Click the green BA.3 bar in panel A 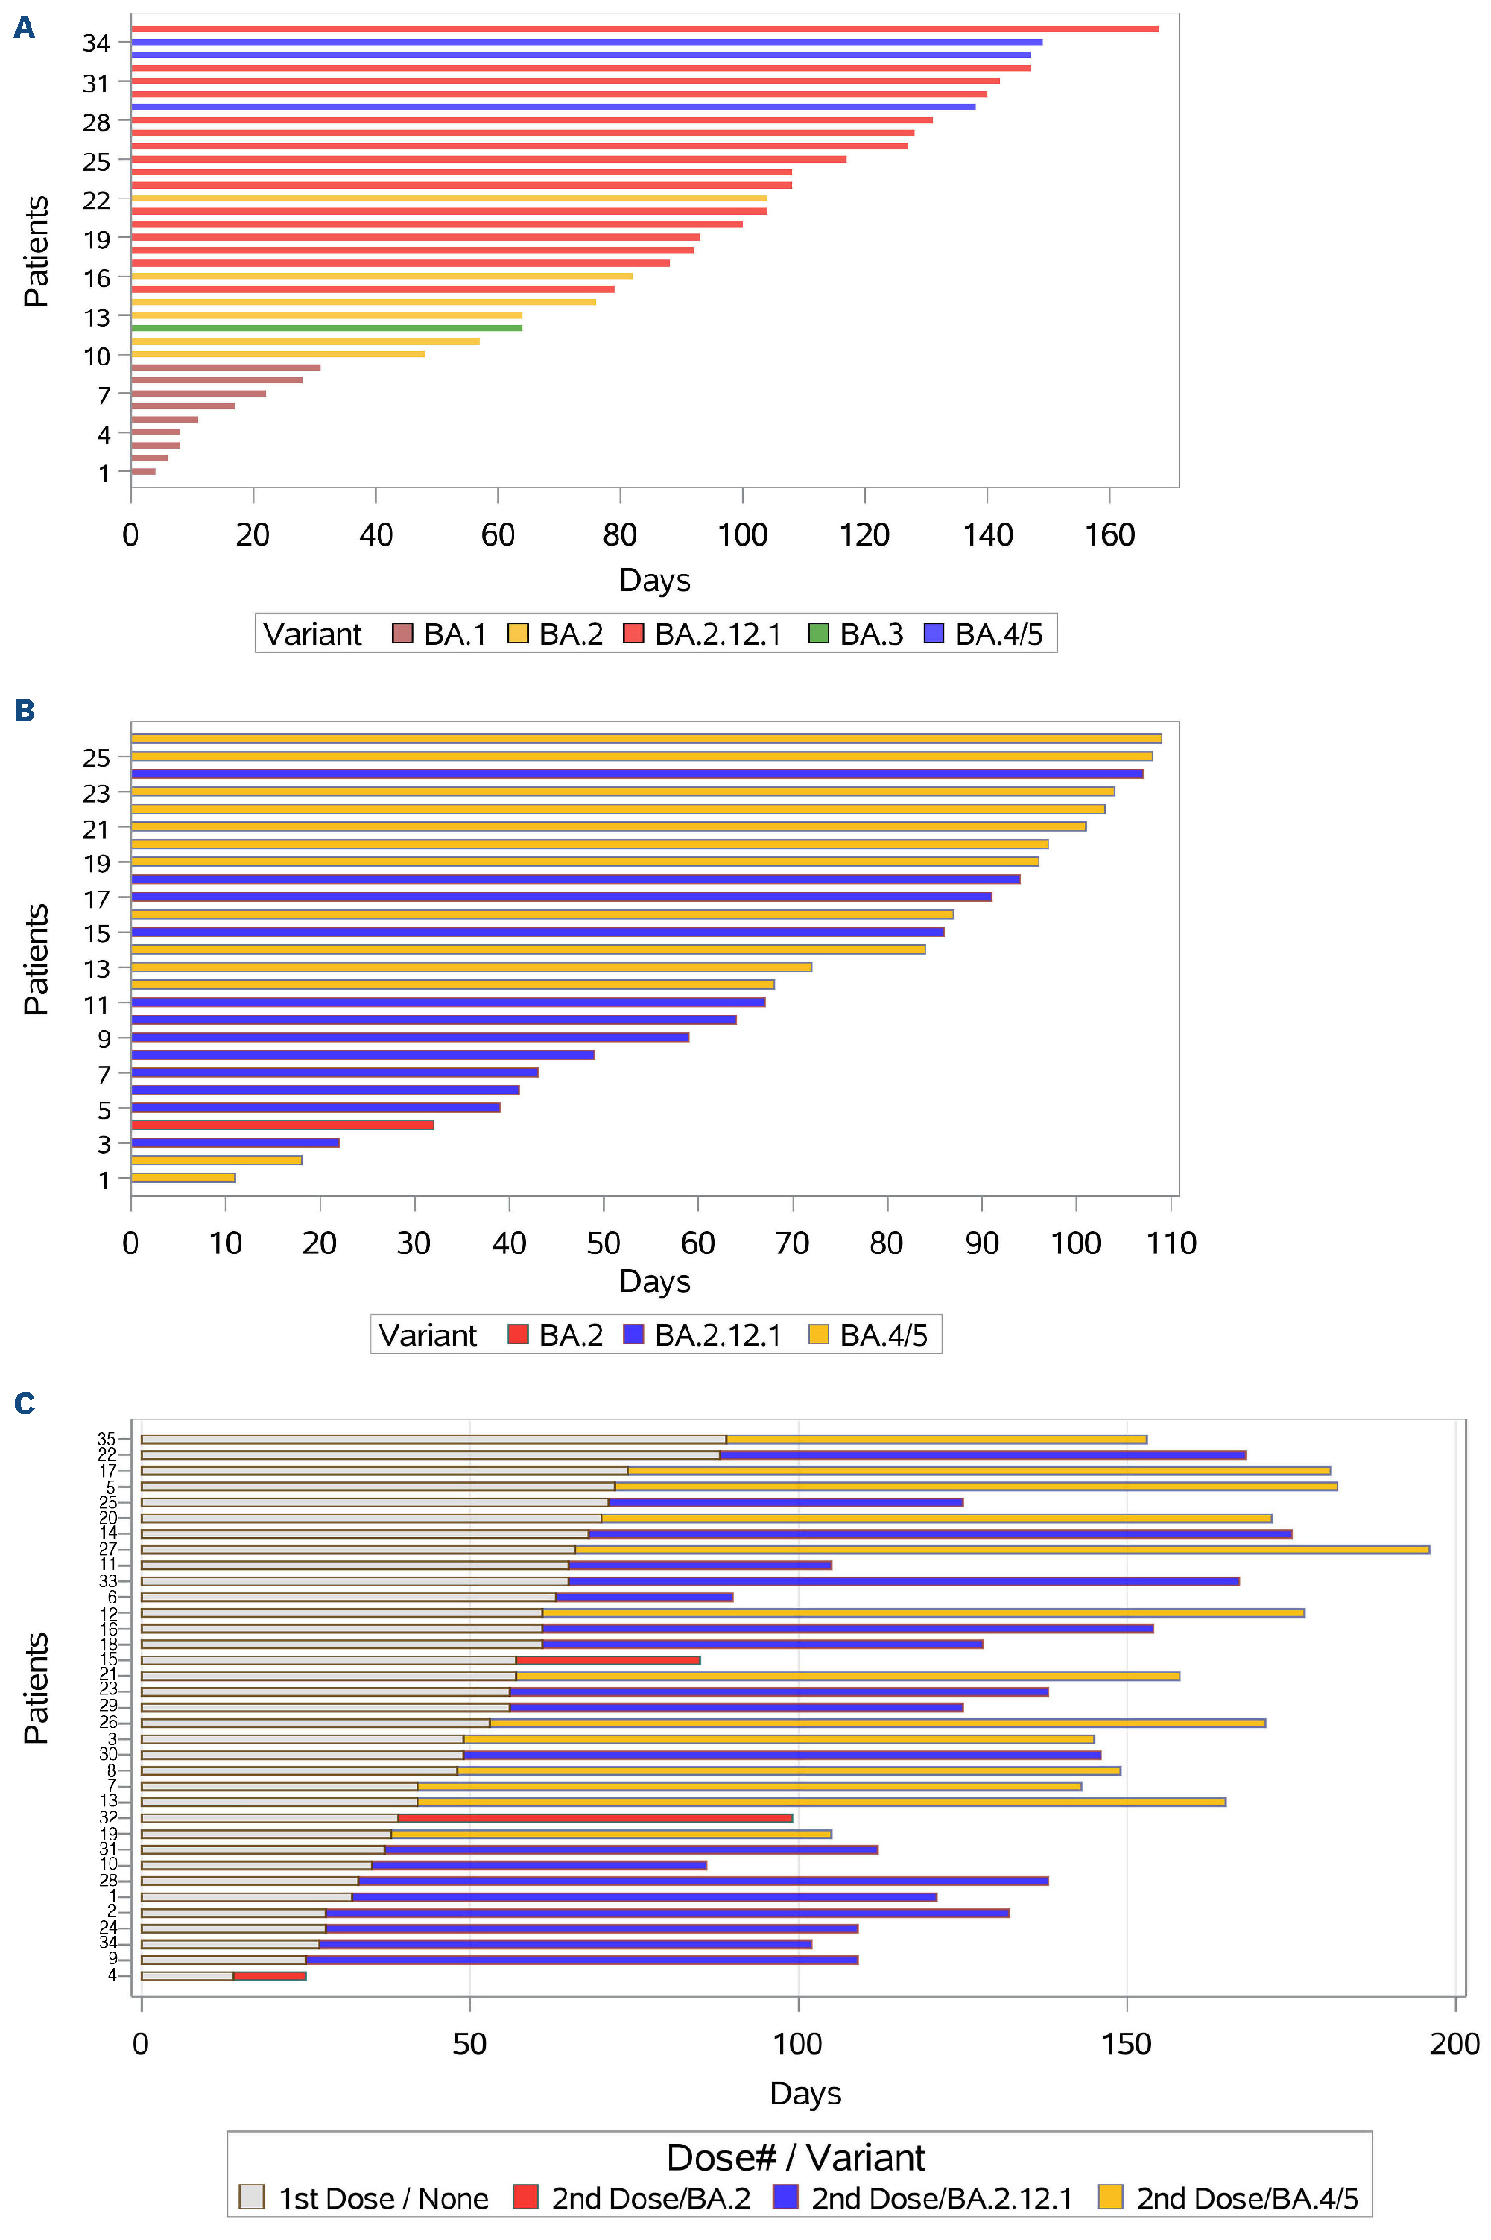tap(326, 328)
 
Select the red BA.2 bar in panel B tap(283, 1125)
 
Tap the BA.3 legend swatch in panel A tap(818, 633)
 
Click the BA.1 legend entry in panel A tap(439, 633)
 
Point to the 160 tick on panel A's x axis tap(1109, 534)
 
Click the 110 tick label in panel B tap(1171, 1243)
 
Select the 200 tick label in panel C tap(1454, 2043)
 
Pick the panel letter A tap(25, 28)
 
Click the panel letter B tap(25, 710)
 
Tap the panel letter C tap(25, 1403)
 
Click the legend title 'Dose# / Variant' tap(795, 2157)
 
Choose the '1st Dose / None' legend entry tap(364, 2198)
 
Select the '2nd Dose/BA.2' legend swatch tap(525, 2197)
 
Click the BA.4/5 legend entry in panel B tap(867, 1335)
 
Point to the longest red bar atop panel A tap(645, 30)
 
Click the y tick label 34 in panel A tap(96, 43)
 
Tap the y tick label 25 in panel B tap(96, 758)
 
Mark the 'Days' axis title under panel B tap(654, 1280)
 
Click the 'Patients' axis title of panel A tap(36, 251)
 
